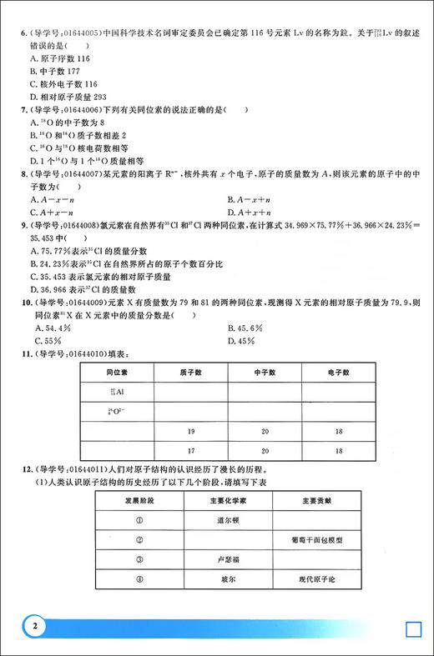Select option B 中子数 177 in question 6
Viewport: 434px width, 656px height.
pos(56,72)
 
